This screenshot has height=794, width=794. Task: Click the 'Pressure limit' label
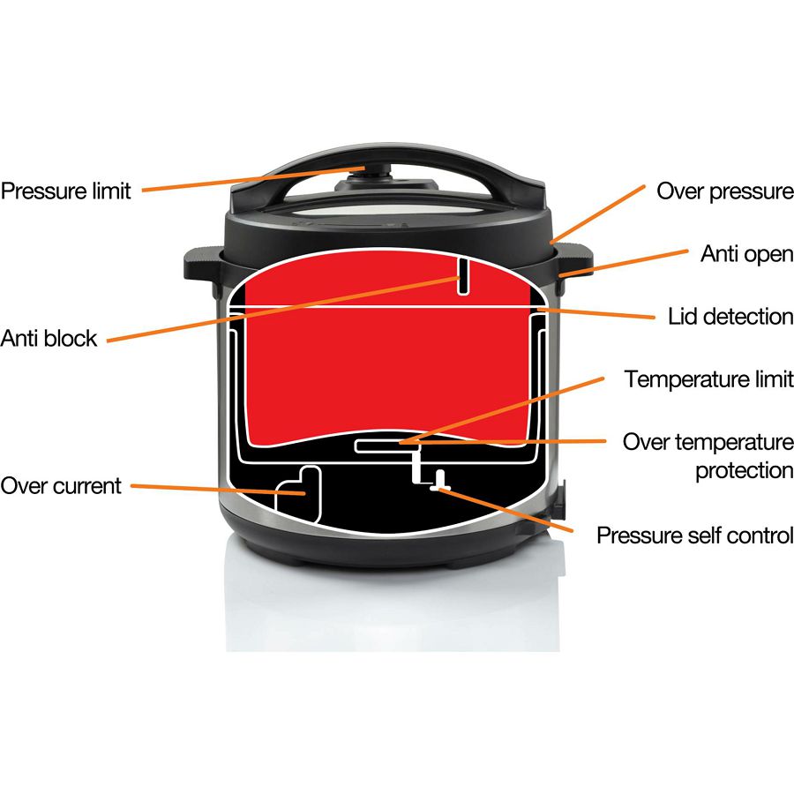click(x=66, y=191)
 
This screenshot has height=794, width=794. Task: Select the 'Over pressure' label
click(x=725, y=191)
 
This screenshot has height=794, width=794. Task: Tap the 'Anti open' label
click(x=747, y=254)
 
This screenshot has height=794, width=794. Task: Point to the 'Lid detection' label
click(x=730, y=317)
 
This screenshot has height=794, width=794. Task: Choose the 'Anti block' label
click(x=49, y=338)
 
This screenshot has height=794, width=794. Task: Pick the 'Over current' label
click(x=61, y=485)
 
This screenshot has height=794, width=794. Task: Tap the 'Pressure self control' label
click(x=695, y=536)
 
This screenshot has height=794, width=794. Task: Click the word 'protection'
click(x=745, y=471)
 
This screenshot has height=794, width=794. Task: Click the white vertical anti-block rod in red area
click(x=463, y=276)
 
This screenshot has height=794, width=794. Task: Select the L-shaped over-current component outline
click(x=299, y=494)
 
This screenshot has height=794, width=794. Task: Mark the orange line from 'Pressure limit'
click(x=253, y=179)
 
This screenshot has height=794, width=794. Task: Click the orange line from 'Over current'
click(x=218, y=489)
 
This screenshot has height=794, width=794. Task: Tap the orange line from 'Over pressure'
click(x=598, y=213)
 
